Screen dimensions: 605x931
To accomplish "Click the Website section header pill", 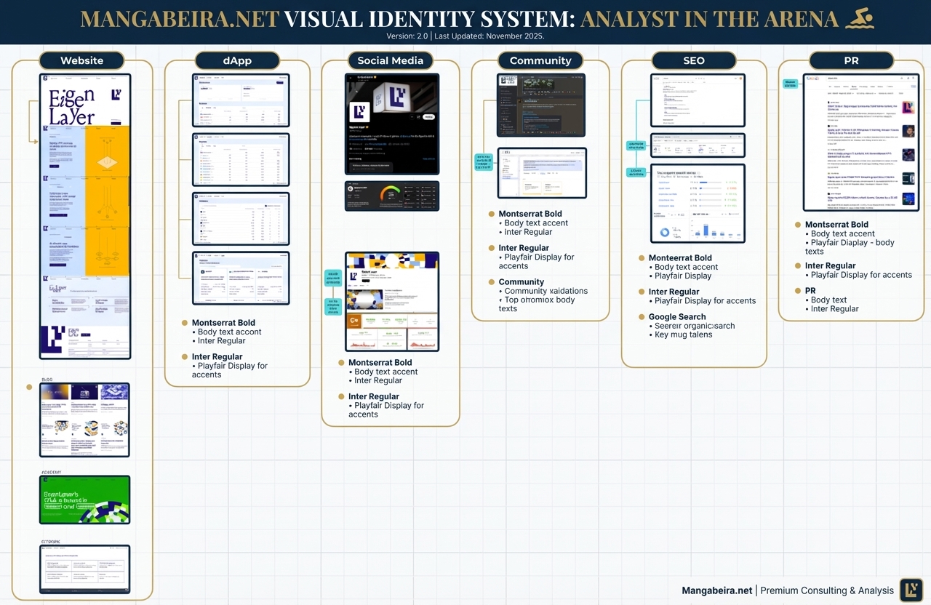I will (81, 61).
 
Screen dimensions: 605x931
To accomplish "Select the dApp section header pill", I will (237, 61).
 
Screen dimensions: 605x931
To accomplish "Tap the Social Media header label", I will (390, 61).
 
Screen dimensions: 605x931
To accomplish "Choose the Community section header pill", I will (540, 61).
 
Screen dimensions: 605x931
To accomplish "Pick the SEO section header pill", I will (693, 61).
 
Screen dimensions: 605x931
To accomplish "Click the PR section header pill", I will (851, 61).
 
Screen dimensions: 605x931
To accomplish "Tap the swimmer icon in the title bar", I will (859, 20).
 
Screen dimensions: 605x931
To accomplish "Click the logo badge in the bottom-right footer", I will (911, 590).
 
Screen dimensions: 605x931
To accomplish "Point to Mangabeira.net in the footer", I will (716, 590).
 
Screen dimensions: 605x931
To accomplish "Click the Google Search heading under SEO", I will (677, 317).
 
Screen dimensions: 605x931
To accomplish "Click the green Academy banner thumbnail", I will (85, 500).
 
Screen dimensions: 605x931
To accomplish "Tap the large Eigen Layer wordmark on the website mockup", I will (72, 108).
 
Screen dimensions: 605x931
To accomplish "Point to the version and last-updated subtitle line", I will (465, 36).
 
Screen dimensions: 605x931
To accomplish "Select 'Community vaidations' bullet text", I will (546, 291).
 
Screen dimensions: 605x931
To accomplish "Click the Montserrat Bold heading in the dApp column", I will (223, 323).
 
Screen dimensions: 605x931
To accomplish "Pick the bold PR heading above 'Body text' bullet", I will (810, 291).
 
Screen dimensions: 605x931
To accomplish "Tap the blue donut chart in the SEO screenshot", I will (665, 233).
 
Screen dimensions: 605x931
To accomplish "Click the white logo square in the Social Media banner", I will (360, 111).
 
